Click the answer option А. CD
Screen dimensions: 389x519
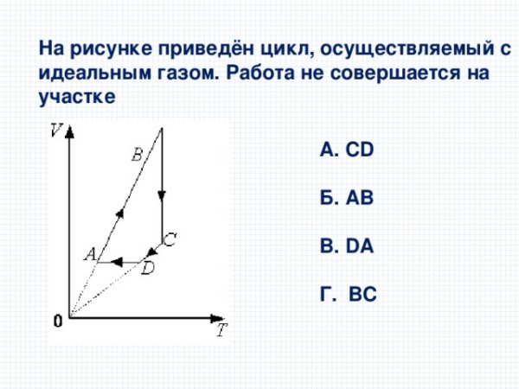click(346, 150)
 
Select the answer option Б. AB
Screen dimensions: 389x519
click(346, 199)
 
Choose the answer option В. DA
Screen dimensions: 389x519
click(346, 247)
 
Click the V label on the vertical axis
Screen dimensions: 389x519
click(56, 131)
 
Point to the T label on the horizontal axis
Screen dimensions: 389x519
click(222, 330)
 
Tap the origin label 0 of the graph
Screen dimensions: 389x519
click(57, 322)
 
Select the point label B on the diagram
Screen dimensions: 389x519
click(137, 156)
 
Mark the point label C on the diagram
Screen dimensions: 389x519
click(170, 239)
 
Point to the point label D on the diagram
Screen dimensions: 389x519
click(147, 270)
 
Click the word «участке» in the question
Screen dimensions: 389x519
click(76, 96)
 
